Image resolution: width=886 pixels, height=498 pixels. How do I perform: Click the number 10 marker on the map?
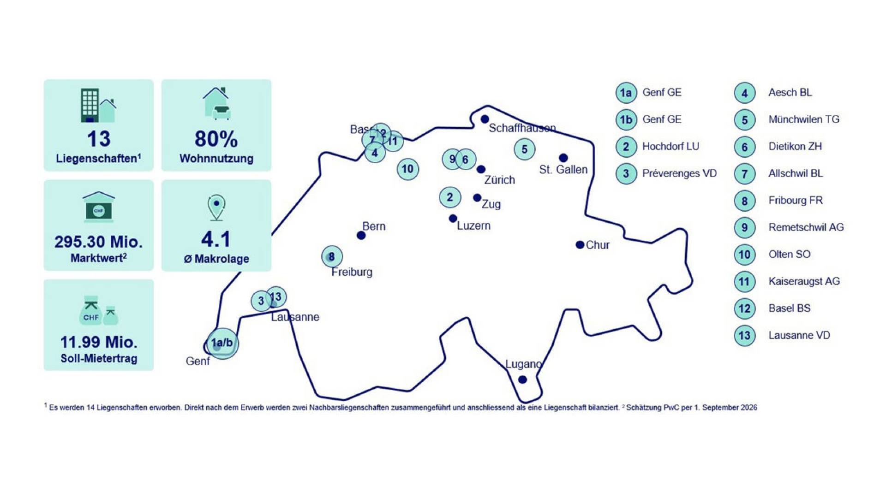pyautogui.click(x=407, y=169)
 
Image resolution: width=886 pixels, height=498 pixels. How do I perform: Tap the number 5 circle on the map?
pyautogui.click(x=524, y=149)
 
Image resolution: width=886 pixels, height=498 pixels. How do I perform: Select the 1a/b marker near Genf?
pyautogui.click(x=222, y=343)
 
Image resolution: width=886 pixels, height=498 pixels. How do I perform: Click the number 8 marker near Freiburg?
pyautogui.click(x=332, y=256)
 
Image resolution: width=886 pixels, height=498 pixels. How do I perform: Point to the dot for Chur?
pyautogui.click(x=580, y=245)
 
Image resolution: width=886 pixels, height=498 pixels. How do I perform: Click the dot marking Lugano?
pyautogui.click(x=522, y=379)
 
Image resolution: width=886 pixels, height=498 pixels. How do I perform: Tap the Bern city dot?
pyautogui.click(x=361, y=236)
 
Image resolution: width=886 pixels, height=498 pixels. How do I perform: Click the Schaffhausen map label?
pyautogui.click(x=522, y=128)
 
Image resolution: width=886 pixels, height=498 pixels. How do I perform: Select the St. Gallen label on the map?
pyautogui.click(x=563, y=169)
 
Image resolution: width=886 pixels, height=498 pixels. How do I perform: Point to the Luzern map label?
pyautogui.click(x=473, y=225)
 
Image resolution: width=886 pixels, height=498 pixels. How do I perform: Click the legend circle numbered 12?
pyautogui.click(x=744, y=308)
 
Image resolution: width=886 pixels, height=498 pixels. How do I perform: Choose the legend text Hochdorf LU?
pyautogui.click(x=670, y=146)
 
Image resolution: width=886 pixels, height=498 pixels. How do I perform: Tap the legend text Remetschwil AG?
pyautogui.click(x=806, y=227)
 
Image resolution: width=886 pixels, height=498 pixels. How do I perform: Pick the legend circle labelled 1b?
pyautogui.click(x=626, y=120)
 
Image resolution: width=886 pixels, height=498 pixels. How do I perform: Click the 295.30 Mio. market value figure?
pyautogui.click(x=99, y=242)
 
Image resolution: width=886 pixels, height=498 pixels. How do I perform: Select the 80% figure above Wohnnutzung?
pyautogui.click(x=216, y=139)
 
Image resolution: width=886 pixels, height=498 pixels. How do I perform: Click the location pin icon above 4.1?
pyautogui.click(x=216, y=208)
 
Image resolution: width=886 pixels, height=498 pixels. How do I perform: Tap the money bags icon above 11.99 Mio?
pyautogui.click(x=99, y=310)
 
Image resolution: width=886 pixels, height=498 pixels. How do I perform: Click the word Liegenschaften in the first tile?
pyautogui.click(x=96, y=159)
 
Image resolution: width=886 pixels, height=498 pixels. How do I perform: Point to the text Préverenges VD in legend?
pyautogui.click(x=679, y=173)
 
